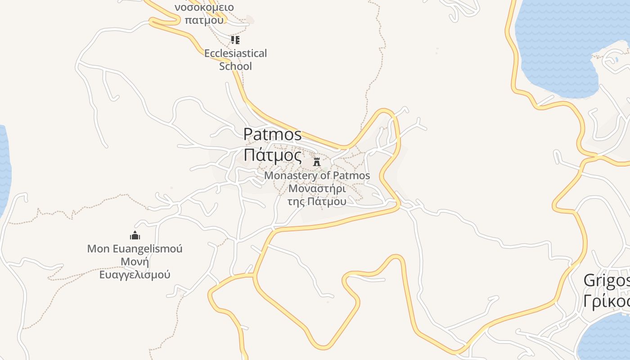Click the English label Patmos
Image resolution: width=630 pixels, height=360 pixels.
click(x=272, y=135)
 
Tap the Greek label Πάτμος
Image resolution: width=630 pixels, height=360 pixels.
click(x=272, y=155)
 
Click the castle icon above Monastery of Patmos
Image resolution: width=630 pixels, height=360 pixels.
click(x=317, y=162)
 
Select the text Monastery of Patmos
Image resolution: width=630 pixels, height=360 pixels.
click(x=317, y=175)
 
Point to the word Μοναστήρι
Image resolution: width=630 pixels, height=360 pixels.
click(x=317, y=188)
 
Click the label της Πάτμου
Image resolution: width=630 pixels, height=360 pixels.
click(x=317, y=201)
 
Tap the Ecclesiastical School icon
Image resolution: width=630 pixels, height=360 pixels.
click(x=235, y=40)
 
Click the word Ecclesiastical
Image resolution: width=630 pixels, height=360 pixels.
click(x=235, y=54)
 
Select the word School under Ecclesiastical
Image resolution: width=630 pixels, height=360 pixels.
click(x=235, y=66)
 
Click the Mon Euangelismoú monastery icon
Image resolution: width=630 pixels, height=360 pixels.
click(x=135, y=235)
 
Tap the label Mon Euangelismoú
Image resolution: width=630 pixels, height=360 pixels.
click(x=135, y=248)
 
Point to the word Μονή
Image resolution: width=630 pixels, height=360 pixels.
click(x=135, y=261)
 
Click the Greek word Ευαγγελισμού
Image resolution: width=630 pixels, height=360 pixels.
click(x=135, y=274)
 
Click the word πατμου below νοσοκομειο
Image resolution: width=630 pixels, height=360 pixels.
click(x=204, y=20)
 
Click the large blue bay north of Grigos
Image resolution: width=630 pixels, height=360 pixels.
click(x=558, y=45)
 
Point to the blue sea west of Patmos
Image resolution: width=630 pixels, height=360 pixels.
click(x=4, y=171)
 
